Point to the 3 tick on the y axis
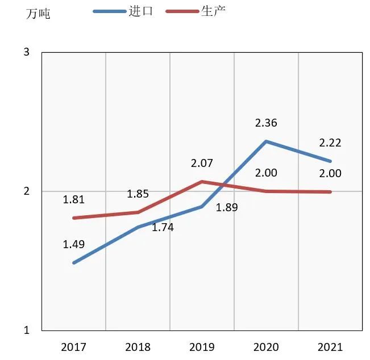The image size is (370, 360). pos(27,53)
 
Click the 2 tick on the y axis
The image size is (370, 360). pos(27,191)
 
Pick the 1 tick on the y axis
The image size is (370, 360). pos(27,330)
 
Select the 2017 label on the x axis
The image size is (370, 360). pos(73,346)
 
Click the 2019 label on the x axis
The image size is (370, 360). pos(202,346)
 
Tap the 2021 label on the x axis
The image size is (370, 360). pos(330,346)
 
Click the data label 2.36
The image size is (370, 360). pos(266,123)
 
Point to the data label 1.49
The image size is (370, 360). pos(73,245)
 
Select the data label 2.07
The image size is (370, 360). pos(202,164)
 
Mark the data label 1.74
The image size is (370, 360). pos(163,228)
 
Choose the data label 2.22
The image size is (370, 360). pos(330,143)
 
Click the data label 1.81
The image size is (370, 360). pos(73,199)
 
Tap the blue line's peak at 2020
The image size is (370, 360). pos(266,141)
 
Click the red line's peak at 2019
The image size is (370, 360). pos(202,182)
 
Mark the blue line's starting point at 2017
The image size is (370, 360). pos(74,263)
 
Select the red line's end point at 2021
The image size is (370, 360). pos(330,192)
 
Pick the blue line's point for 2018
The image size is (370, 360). pos(138,227)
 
